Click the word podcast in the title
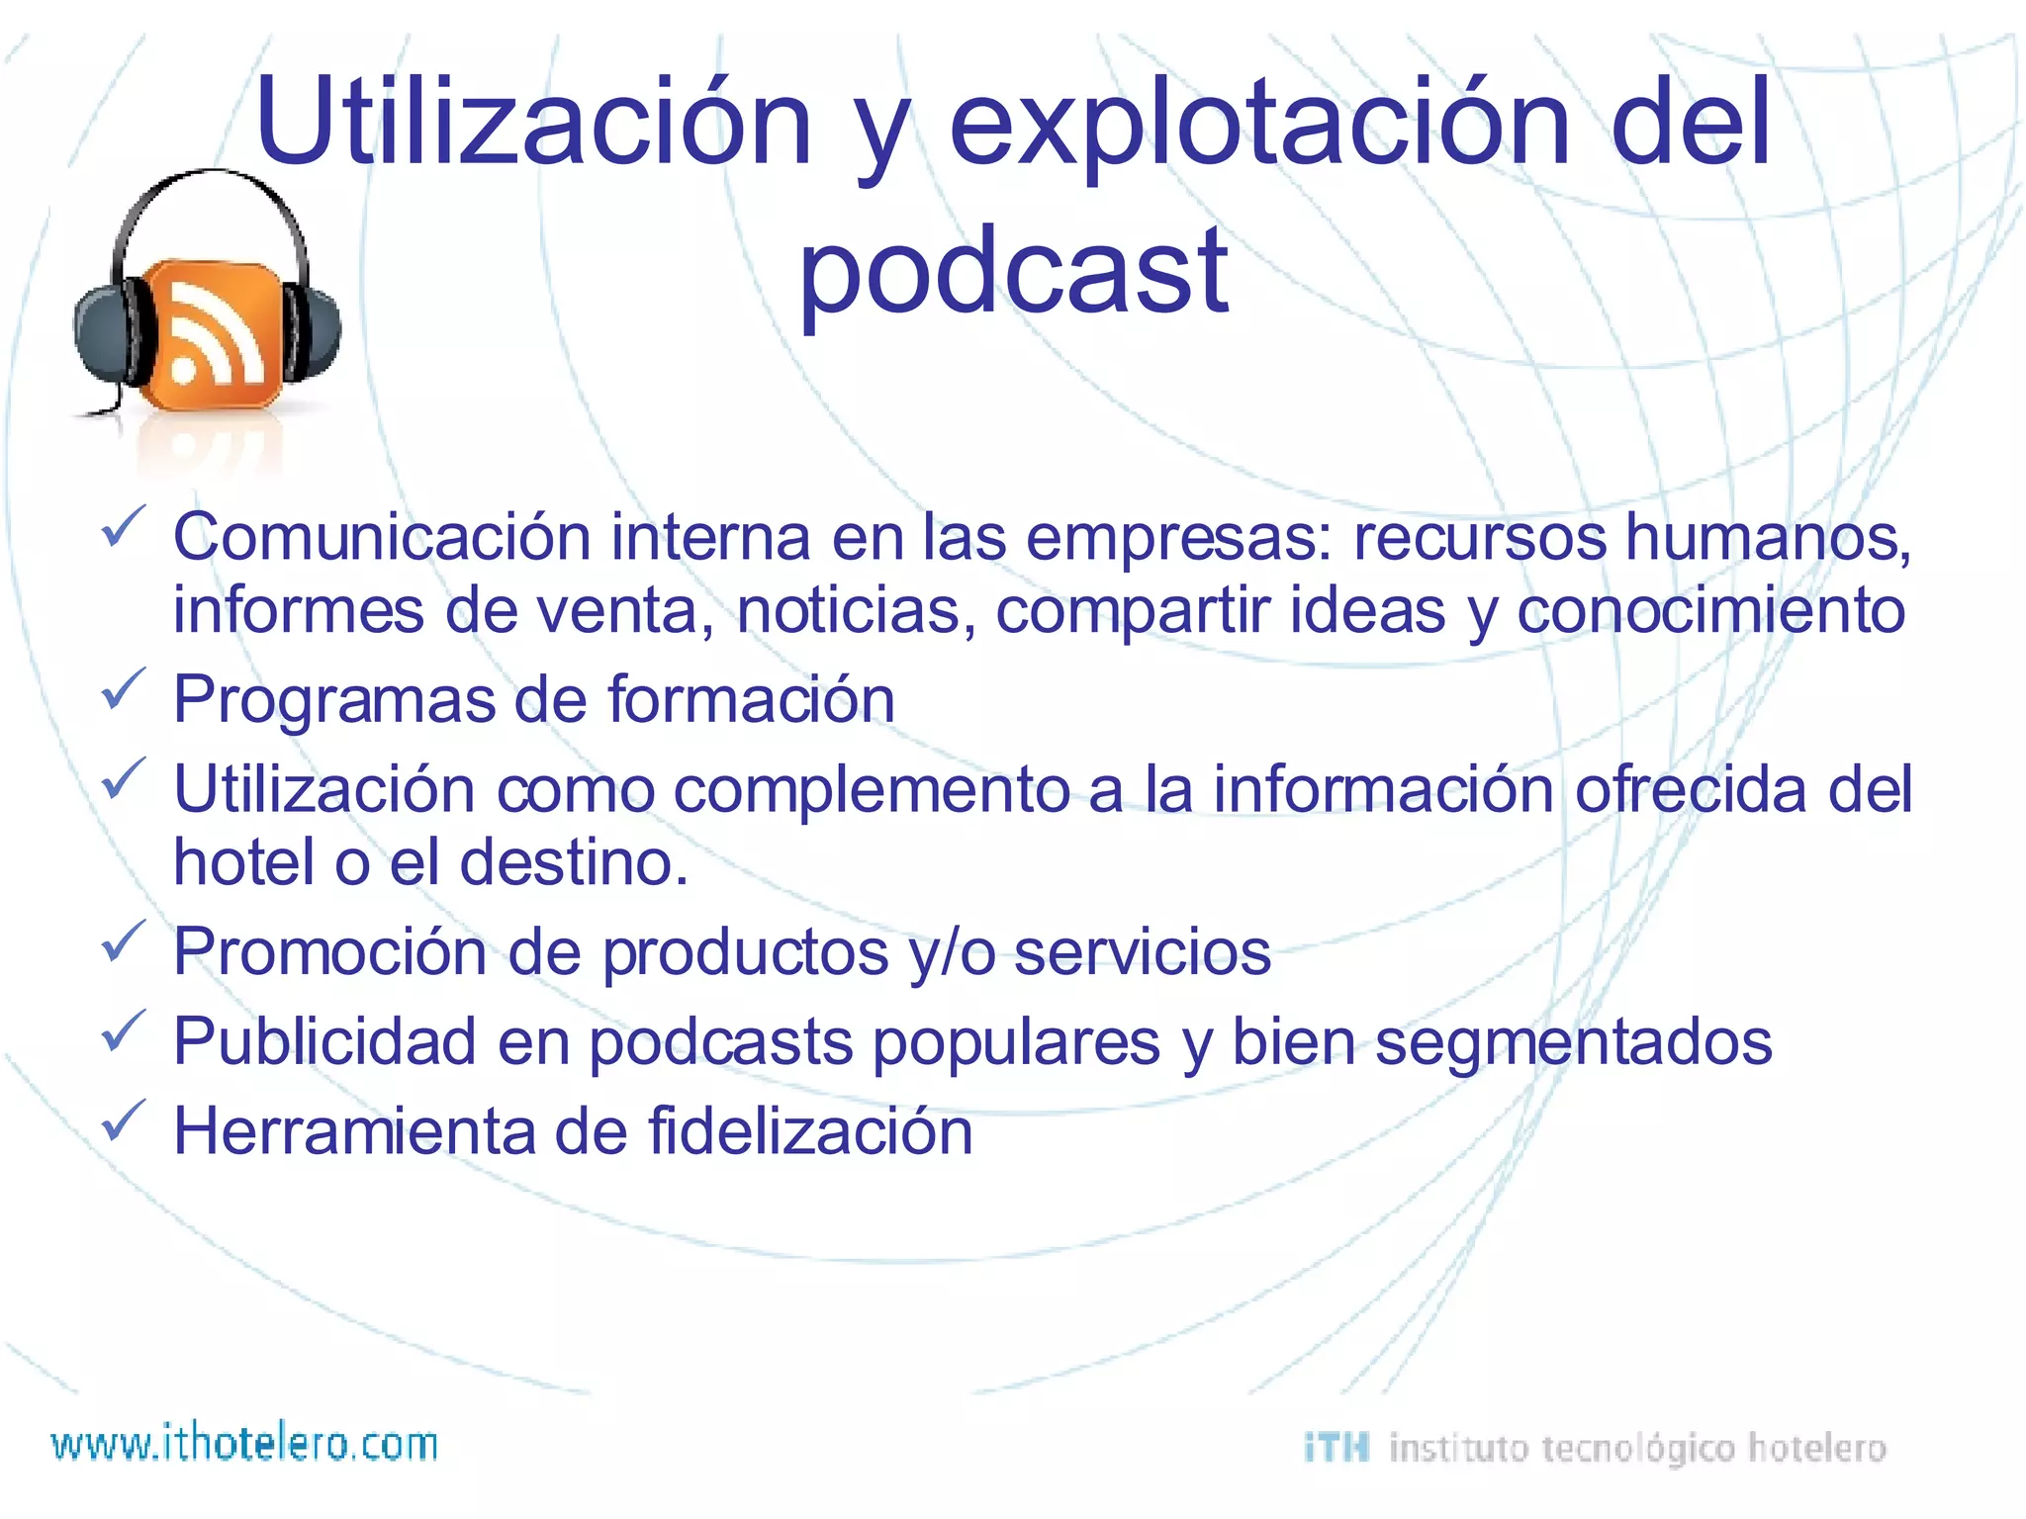tap(1013, 272)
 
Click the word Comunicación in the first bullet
tap(382, 537)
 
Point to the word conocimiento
tap(1710, 610)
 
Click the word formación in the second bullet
tap(751, 699)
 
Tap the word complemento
tap(872, 791)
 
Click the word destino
tap(573, 862)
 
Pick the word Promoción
tap(330, 952)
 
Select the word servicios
tap(1143, 952)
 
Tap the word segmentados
tap(1573, 1042)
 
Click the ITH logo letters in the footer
tap(1336, 1448)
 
